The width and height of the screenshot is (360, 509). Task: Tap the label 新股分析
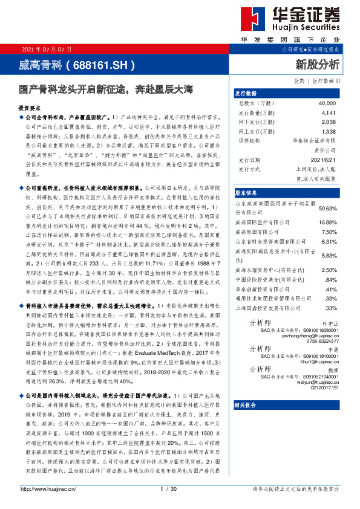317,64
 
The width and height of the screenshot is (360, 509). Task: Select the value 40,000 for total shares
326,103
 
